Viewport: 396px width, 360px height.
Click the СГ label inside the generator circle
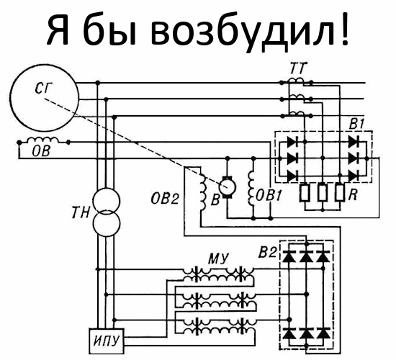43,88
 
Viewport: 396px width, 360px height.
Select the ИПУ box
107,341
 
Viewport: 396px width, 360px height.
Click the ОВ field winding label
41,151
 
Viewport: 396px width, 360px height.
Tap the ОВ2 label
165,199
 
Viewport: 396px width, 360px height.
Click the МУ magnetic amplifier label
217,258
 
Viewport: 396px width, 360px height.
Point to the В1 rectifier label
357,124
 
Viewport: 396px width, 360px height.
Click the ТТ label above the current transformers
298,68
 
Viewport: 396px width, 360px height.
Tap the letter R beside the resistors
354,195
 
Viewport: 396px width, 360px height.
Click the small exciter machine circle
228,187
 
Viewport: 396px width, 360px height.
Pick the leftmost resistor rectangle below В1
305,193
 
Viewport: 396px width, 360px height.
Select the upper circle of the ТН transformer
106,201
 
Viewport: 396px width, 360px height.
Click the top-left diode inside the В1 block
292,143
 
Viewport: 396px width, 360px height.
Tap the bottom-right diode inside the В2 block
323,333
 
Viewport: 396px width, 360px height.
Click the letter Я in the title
58,30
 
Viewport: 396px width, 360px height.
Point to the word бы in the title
109,30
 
